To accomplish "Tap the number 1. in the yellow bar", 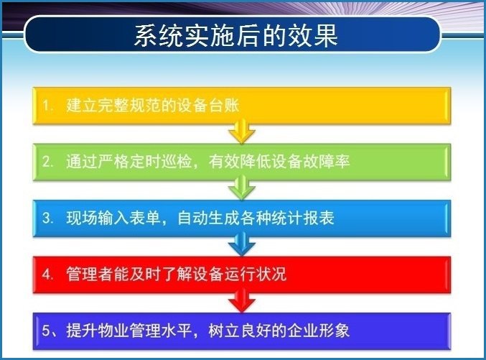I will pos(47,106).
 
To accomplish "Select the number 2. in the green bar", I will pos(47,162).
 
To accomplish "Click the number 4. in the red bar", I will pos(47,274).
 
